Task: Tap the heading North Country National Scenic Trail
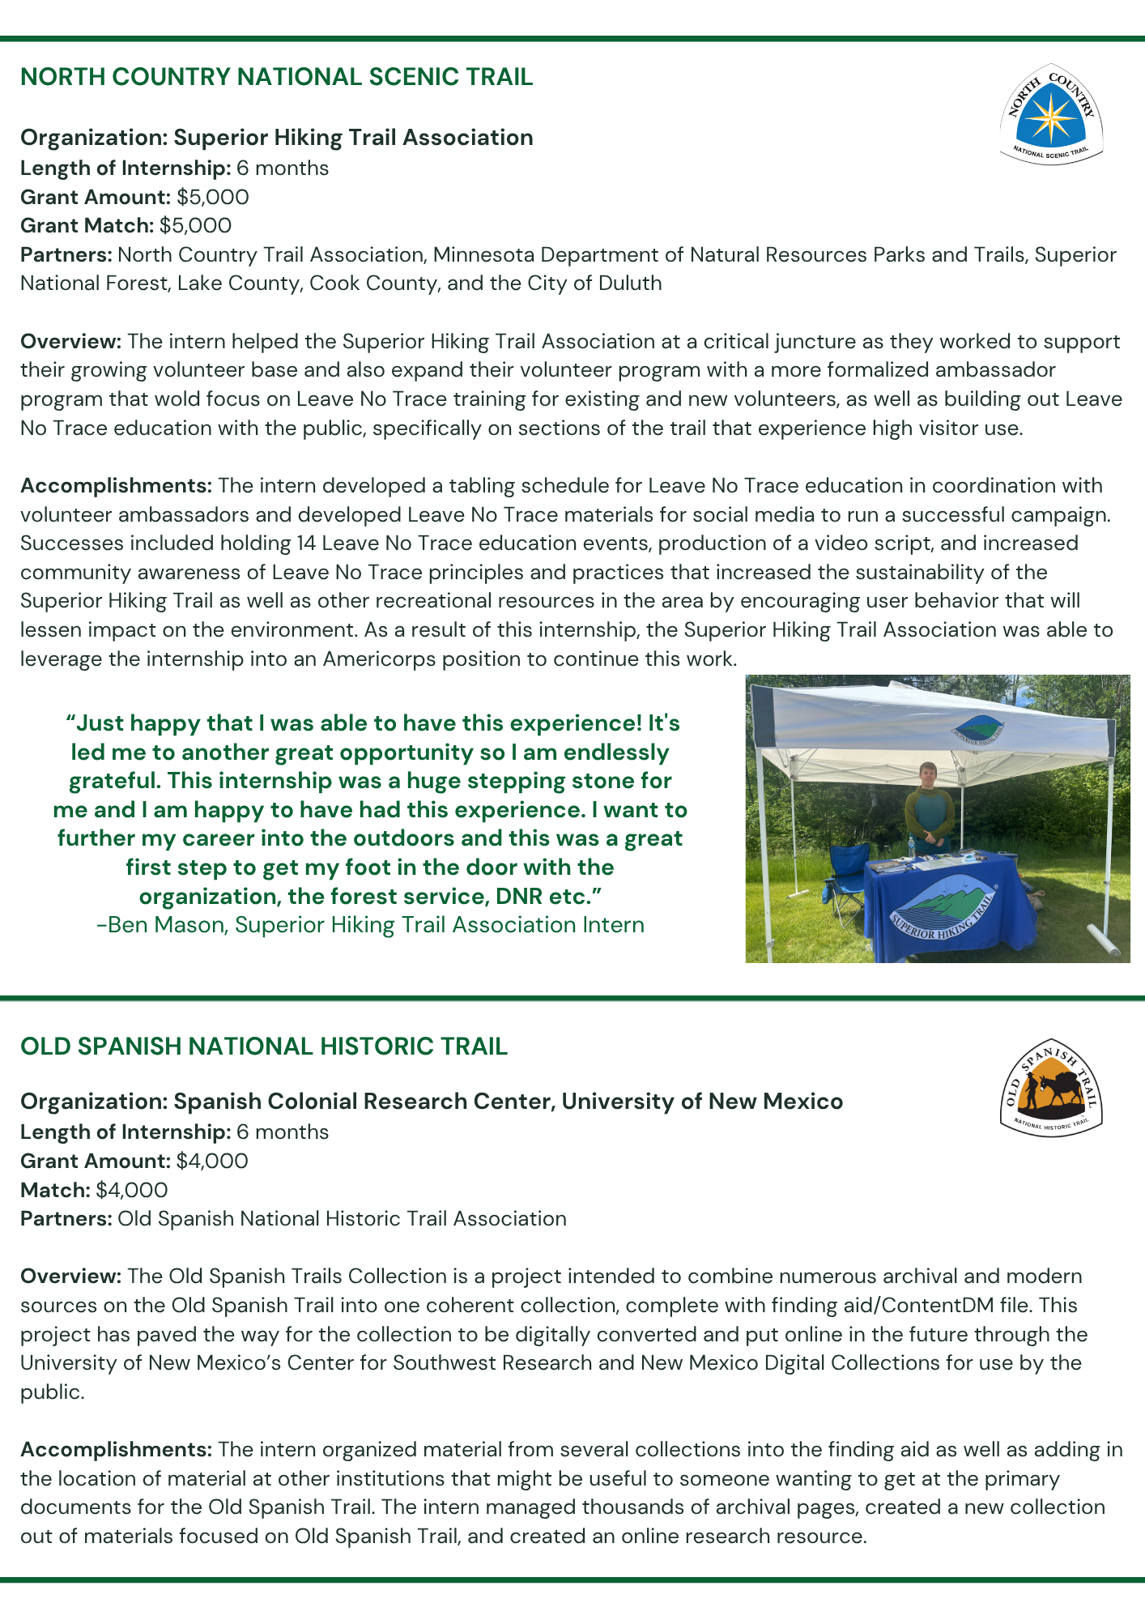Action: pyautogui.click(x=276, y=77)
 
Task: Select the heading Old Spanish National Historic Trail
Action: pyautogui.click(x=264, y=1047)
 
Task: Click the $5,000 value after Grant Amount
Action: pyautogui.click(x=213, y=197)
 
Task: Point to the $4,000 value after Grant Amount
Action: pyautogui.click(x=212, y=1161)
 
